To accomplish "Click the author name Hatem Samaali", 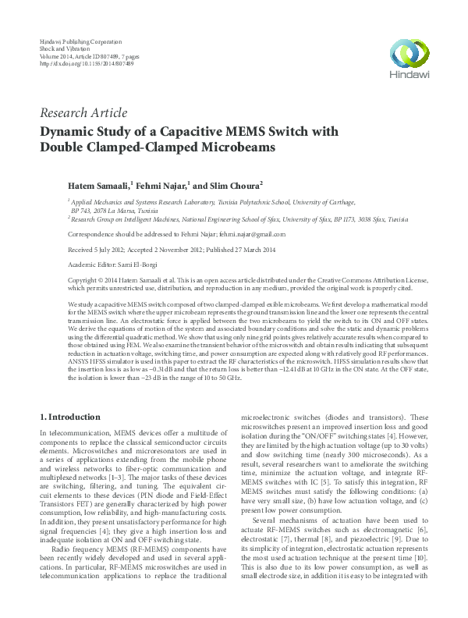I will pos(99,186).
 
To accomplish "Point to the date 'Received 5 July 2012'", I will pos(97,249).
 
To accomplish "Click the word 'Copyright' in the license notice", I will pos(84,279).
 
